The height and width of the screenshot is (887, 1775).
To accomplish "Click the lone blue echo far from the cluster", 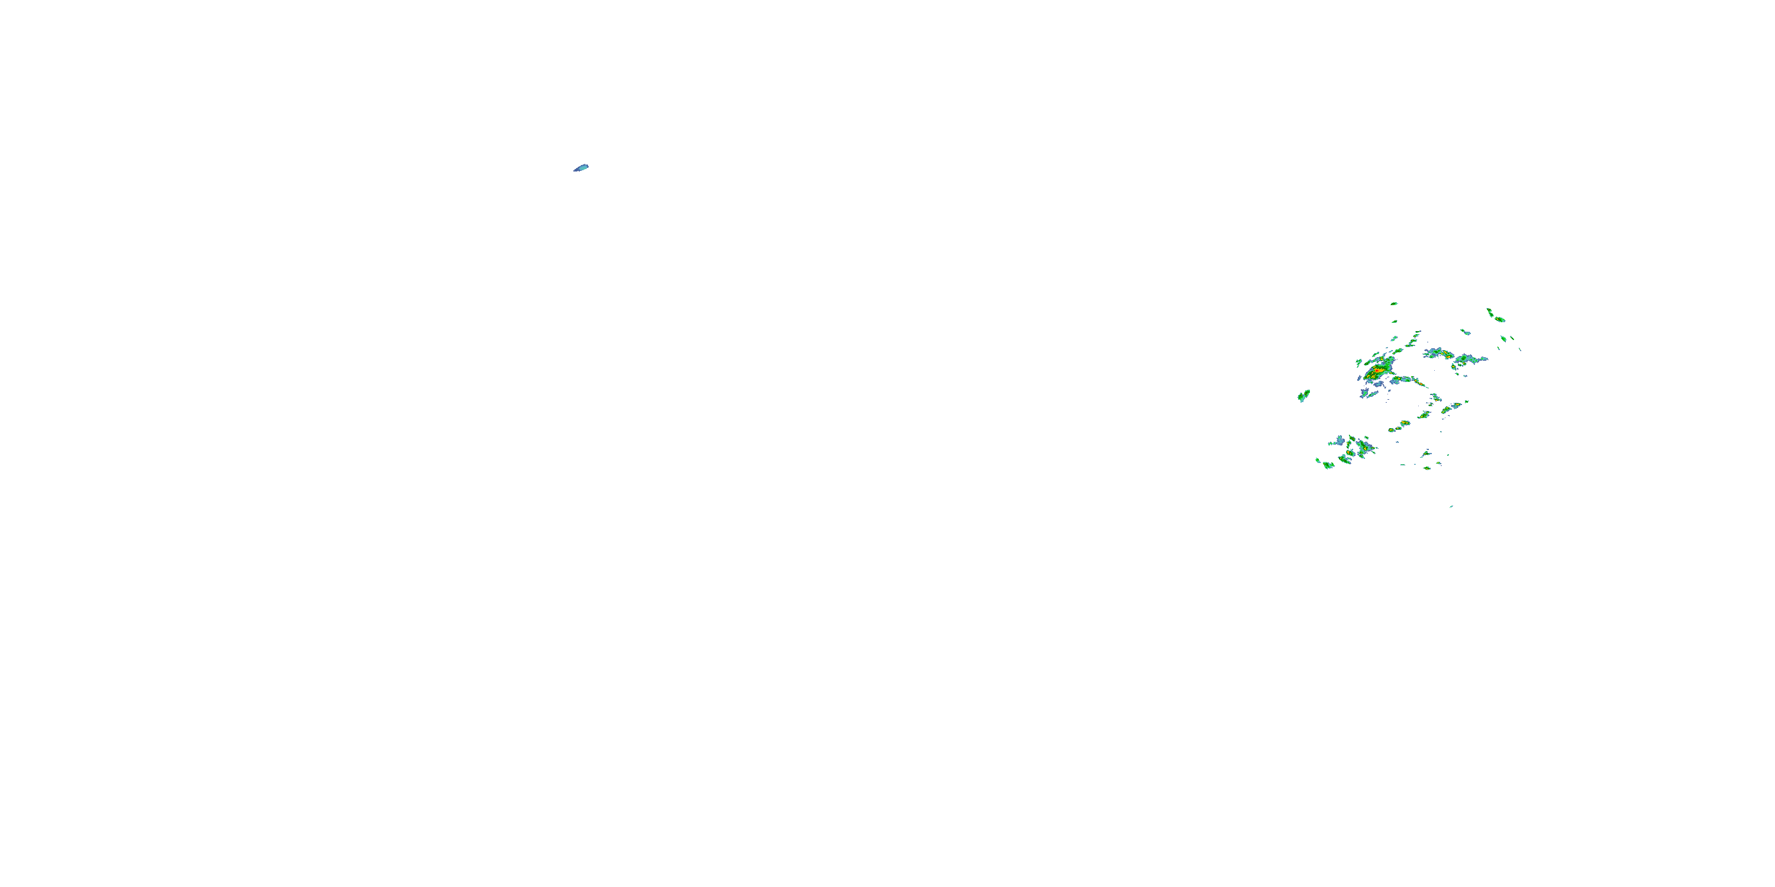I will point(582,167).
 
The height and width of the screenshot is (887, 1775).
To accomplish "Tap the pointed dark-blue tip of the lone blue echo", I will point(575,170).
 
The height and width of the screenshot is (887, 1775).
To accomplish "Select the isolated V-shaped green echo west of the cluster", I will point(1303,396).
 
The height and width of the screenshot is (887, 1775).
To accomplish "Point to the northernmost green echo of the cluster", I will point(1394,303).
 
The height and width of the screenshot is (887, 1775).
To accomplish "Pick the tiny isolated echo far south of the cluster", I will point(1451,506).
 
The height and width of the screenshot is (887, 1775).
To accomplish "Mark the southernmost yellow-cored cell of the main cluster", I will point(1427,468).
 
